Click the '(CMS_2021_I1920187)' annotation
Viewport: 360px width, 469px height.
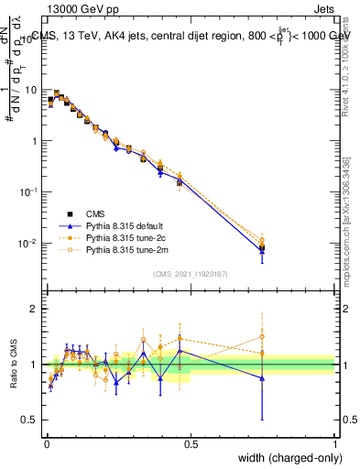coord(190,272)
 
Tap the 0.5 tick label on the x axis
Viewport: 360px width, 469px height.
coord(191,444)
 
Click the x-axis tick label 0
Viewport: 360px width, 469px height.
coord(47,444)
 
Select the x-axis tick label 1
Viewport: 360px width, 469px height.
coord(335,444)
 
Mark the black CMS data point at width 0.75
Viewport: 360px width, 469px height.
coord(263,247)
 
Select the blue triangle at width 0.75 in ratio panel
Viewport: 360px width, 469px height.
coord(263,377)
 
